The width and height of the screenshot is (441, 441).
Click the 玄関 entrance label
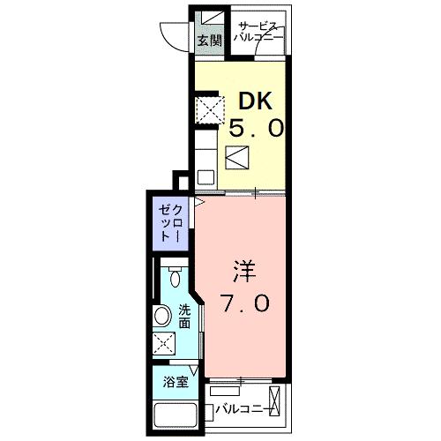[x=208, y=40]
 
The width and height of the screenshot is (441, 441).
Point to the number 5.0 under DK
[x=257, y=129]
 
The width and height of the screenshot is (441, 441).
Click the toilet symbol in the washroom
[x=176, y=280]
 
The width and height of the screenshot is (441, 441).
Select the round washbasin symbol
[x=164, y=315]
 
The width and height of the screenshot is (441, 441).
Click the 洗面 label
[x=184, y=316]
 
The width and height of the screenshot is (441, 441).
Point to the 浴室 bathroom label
[x=175, y=382]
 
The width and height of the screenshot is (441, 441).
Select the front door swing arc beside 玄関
[x=173, y=33]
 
